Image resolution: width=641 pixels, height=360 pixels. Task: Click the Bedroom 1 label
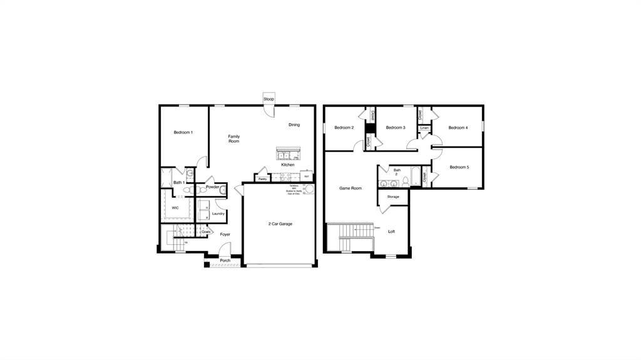183,132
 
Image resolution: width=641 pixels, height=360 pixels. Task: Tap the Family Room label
233,139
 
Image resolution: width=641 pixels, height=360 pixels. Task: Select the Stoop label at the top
269,100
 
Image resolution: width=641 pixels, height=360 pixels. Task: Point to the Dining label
294,125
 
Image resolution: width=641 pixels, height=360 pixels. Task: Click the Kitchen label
287,165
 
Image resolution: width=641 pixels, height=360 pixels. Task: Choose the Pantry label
263,178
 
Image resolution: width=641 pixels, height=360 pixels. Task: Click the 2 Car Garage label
280,224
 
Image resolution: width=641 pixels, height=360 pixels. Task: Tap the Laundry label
218,213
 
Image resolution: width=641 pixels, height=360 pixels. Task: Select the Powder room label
212,187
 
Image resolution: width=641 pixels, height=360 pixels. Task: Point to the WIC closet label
175,207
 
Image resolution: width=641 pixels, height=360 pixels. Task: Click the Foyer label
225,235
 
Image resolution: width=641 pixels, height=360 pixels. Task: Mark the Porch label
225,260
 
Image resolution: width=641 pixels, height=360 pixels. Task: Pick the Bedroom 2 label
344,128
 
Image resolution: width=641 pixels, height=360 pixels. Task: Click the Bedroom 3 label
396,128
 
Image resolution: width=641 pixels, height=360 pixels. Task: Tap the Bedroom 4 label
458,128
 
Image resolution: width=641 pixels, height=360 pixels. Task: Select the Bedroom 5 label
459,167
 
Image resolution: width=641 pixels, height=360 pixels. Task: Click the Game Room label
351,188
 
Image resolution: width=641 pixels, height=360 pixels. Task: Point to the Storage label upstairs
393,197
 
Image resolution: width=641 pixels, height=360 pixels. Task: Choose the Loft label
392,232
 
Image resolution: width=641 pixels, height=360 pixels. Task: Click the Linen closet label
424,128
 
